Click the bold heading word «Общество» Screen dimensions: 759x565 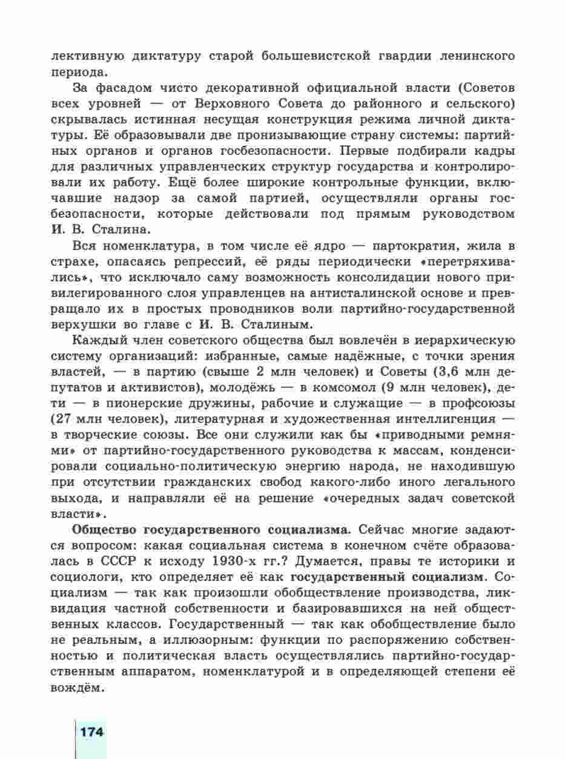pyautogui.click(x=102, y=530)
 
